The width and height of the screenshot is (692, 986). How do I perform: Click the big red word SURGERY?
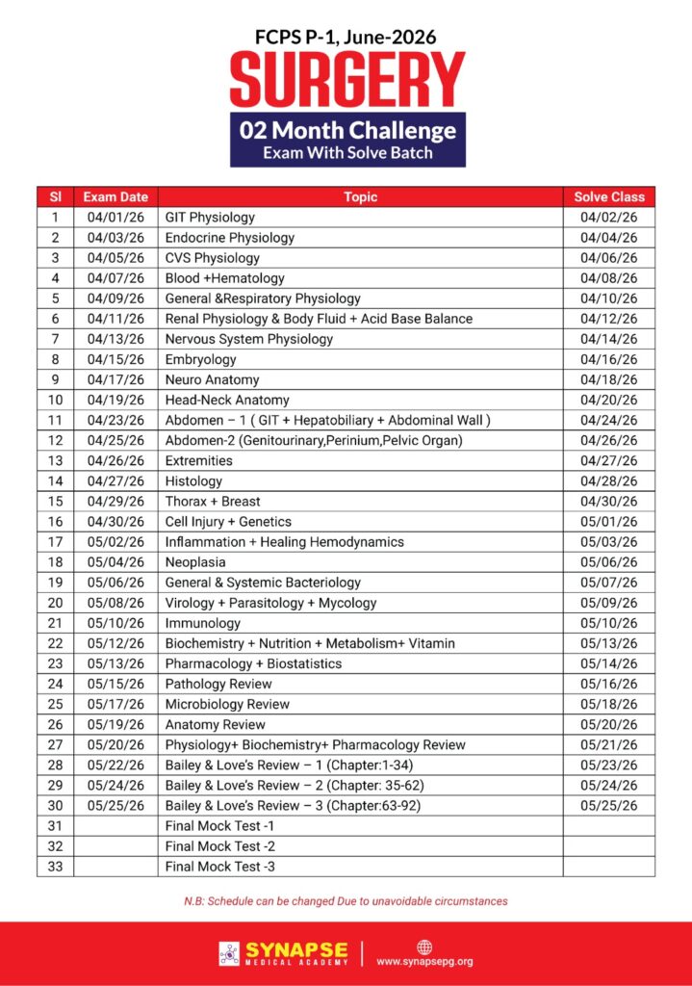[346, 79]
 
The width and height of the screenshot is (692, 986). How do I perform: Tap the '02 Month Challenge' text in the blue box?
[347, 129]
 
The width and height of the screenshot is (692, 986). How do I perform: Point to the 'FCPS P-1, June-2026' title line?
[346, 37]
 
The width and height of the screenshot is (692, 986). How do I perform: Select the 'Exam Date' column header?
[115, 197]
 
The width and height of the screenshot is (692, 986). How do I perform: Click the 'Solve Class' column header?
[609, 197]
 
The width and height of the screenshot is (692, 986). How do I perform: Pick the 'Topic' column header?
[360, 197]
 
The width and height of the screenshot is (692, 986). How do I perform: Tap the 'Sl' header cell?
[55, 197]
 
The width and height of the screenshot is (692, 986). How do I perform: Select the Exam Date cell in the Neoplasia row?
[115, 562]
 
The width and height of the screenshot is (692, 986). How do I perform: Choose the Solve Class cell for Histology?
[609, 480]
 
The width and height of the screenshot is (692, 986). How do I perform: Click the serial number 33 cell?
[55, 867]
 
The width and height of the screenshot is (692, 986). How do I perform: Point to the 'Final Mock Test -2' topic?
[219, 846]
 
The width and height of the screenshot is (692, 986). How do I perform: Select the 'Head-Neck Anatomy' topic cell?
[227, 400]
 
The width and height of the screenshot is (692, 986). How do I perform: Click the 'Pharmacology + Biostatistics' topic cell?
[253, 663]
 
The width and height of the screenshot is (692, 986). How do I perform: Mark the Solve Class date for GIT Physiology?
[609, 218]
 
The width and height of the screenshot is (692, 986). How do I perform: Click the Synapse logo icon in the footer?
[230, 953]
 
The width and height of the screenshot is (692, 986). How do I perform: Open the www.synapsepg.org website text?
[424, 961]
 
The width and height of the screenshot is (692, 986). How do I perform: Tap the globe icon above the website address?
[424, 947]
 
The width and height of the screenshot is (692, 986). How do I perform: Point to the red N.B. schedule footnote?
[346, 901]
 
